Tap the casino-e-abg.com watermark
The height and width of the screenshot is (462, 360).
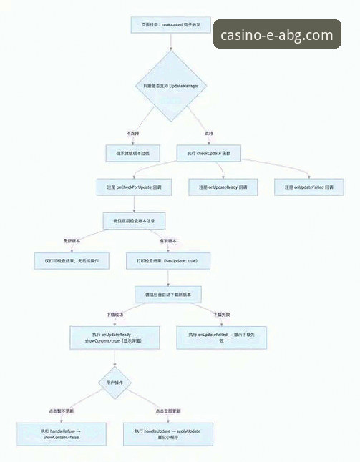pos(276,35)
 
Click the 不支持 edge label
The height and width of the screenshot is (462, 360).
pos(133,134)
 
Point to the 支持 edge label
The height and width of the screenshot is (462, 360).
pos(209,134)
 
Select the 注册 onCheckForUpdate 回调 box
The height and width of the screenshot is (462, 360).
pos(134,187)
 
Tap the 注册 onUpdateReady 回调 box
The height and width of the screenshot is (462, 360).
pos(223,187)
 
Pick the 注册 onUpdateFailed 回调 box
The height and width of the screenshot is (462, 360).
pos(309,187)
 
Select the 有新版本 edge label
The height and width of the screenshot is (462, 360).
pos(169,240)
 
